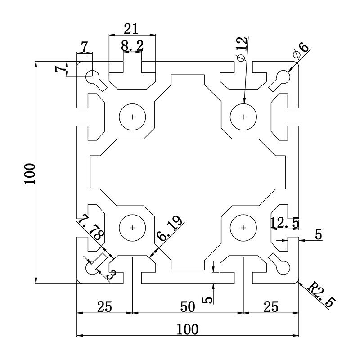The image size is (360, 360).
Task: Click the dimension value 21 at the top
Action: click(131, 29)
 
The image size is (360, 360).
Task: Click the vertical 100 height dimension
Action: click(30, 173)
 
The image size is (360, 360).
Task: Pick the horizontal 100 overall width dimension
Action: click(187, 329)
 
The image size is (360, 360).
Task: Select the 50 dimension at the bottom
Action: click(187, 307)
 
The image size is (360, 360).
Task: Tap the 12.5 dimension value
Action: click(285, 223)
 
